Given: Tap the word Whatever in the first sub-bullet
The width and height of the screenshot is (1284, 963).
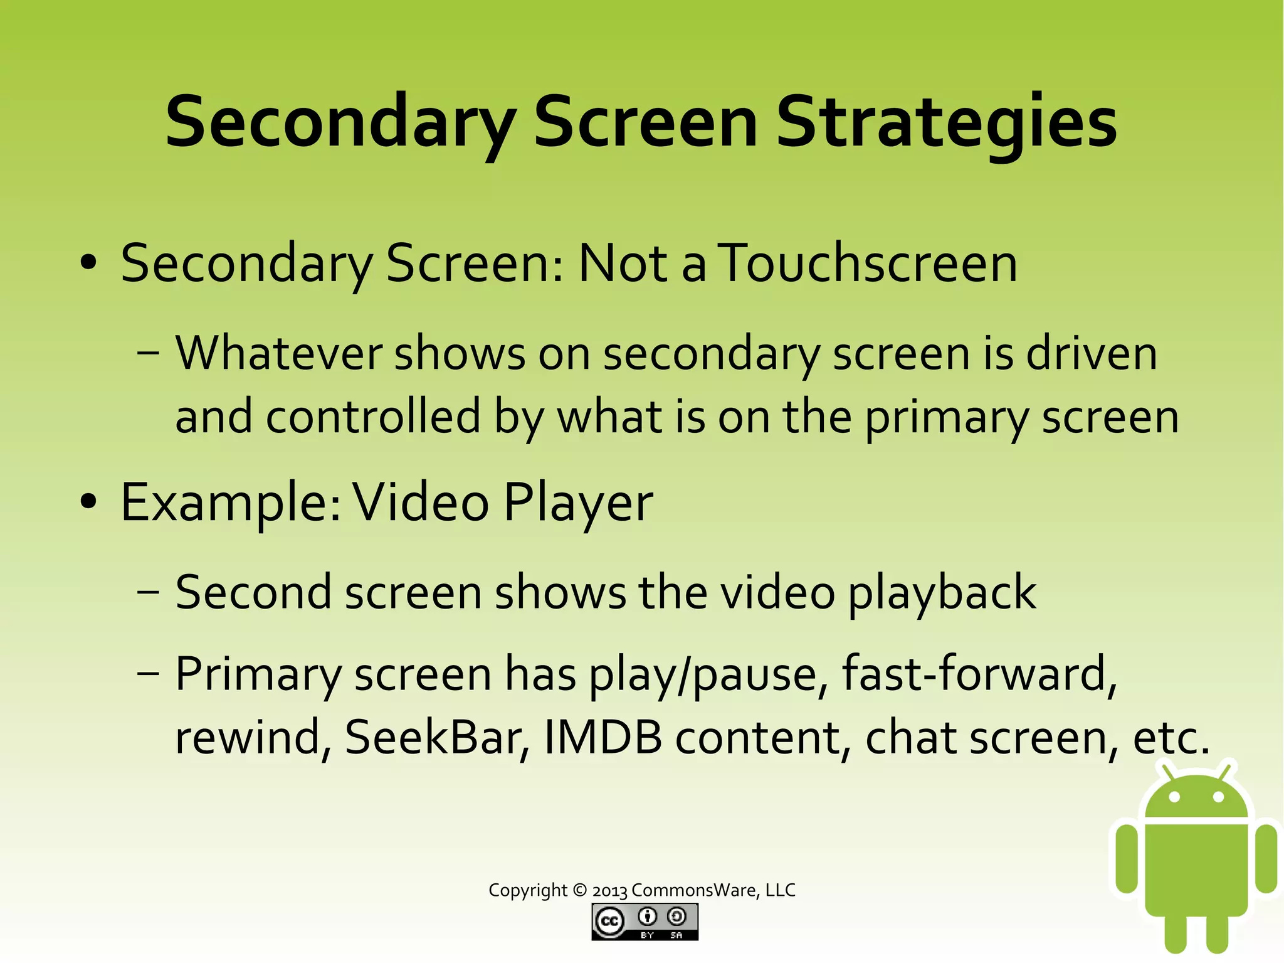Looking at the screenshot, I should click(278, 353).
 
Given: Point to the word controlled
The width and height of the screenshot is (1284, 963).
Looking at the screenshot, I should click(373, 417).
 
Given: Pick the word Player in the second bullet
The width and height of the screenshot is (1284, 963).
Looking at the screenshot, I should click(578, 503).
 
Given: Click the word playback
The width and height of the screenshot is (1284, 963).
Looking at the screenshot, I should click(942, 593).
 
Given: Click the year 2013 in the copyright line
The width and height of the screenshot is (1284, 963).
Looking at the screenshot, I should click(610, 890).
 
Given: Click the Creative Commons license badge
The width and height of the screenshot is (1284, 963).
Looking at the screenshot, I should click(645, 922).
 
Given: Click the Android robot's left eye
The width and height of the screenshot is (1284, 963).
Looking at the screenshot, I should click(1175, 797).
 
